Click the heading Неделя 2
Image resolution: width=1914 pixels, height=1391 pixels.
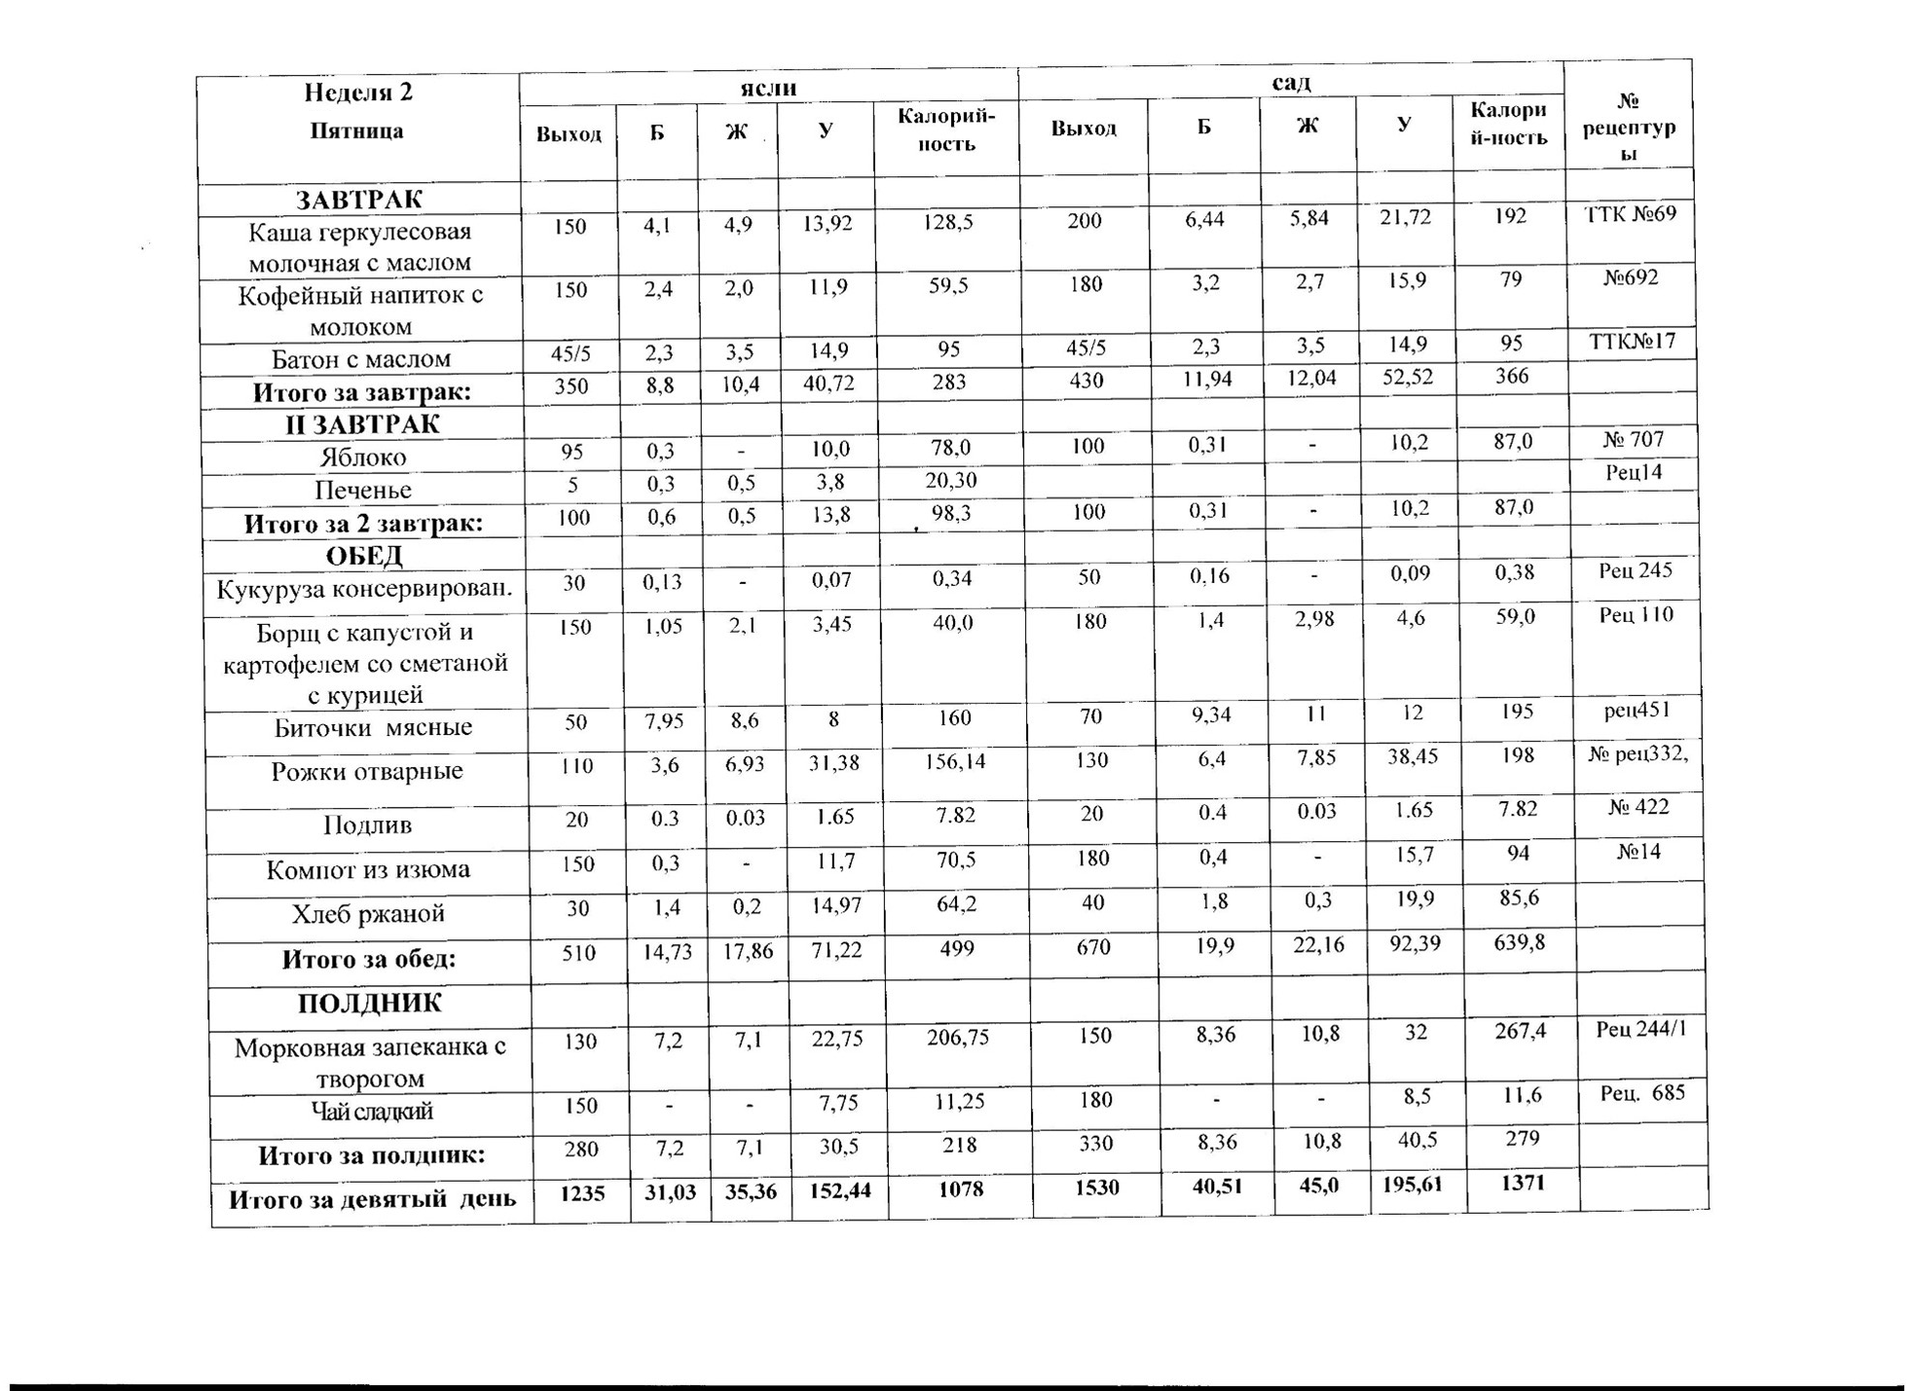coord(357,92)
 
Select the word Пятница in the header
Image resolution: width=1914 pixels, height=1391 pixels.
coord(356,131)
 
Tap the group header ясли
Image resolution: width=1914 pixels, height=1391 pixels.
coord(768,88)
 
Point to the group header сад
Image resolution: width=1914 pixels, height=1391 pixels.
coord(1291,83)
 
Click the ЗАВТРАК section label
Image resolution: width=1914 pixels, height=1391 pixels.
coord(358,200)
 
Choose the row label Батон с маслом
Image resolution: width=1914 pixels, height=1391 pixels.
coord(360,359)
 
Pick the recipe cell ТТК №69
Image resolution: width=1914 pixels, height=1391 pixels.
coord(1631,214)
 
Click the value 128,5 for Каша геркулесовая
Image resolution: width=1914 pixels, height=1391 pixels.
coord(947,223)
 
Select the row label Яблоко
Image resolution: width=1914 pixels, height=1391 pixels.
coord(362,458)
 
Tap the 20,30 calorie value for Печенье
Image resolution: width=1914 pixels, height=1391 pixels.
coord(951,481)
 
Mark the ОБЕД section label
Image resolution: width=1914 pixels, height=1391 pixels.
coord(363,556)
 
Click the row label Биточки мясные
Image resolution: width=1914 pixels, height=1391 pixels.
coord(373,728)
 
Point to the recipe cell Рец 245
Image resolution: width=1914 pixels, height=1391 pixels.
coord(1635,570)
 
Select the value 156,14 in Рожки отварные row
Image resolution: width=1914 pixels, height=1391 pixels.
coord(955,762)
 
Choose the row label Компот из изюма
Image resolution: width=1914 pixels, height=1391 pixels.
coord(368,869)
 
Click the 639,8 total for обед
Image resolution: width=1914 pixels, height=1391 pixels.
coord(1519,942)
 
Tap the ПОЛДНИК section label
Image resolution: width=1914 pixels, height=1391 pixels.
coord(369,1004)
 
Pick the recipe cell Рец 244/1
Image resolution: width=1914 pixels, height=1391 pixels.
coord(1640,1029)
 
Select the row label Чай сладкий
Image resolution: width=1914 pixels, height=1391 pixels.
coord(371,1112)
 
